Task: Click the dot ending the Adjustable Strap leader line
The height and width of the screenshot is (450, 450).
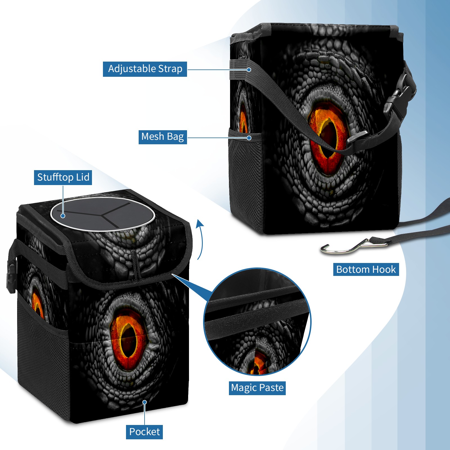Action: click(x=249, y=69)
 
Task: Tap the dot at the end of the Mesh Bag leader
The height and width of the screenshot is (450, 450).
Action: click(x=249, y=138)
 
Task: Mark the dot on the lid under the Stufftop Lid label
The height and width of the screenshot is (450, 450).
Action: click(x=63, y=216)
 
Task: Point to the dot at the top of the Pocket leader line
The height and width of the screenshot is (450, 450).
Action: click(x=145, y=402)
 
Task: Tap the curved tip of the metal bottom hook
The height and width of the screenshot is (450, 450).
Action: click(x=322, y=249)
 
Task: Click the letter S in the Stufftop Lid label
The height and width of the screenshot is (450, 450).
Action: click(x=40, y=177)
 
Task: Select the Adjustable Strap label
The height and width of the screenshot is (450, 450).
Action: click(x=145, y=69)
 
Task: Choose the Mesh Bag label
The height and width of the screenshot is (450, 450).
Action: click(x=163, y=137)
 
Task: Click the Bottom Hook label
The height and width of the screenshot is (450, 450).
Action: click(x=366, y=269)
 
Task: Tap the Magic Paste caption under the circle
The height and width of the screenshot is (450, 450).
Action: click(x=257, y=388)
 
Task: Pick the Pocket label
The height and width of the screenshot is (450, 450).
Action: click(x=144, y=432)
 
